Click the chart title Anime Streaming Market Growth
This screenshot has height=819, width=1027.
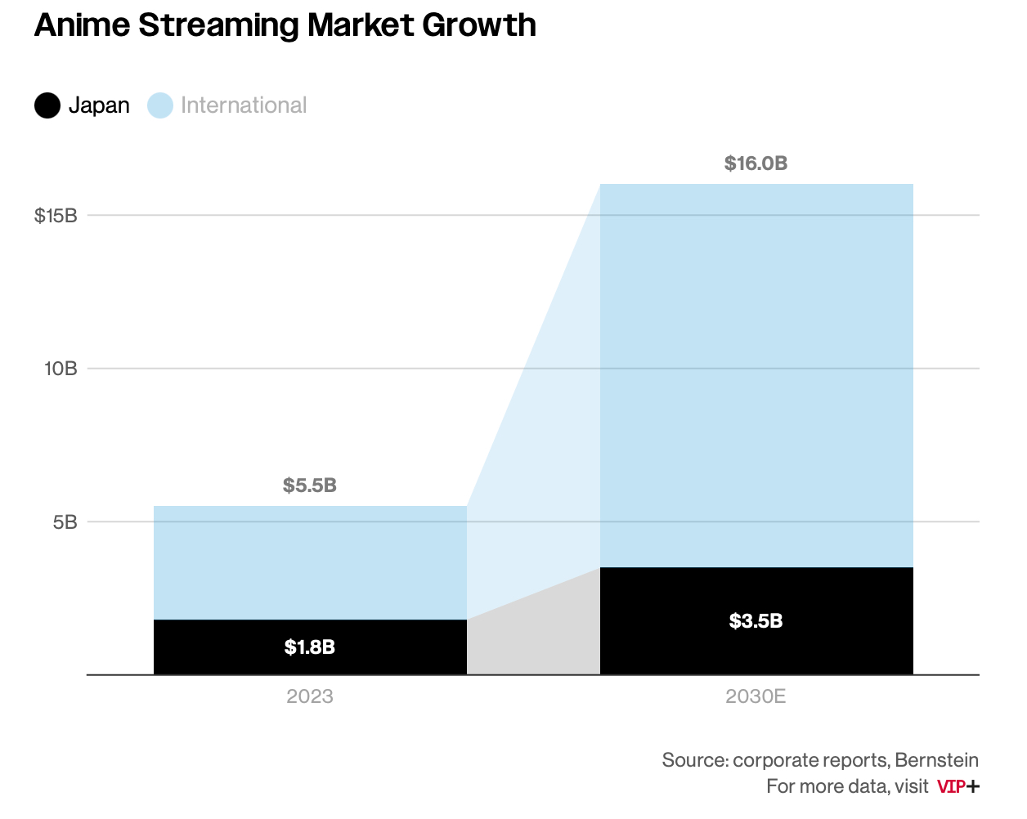(x=285, y=25)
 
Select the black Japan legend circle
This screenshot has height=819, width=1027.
(x=47, y=105)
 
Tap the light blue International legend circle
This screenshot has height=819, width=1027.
(x=160, y=105)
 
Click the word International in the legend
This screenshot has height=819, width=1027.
(x=244, y=105)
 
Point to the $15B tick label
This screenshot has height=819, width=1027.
(x=56, y=216)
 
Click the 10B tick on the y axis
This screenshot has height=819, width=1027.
(x=61, y=369)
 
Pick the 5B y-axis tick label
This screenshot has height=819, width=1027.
(x=65, y=521)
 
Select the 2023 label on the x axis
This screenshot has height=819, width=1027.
(x=310, y=696)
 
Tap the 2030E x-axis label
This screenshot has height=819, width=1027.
(x=756, y=696)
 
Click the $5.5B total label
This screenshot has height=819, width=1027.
(x=310, y=486)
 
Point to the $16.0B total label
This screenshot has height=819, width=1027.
(x=756, y=163)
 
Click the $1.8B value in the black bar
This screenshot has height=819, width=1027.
(x=310, y=647)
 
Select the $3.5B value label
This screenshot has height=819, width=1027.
(x=756, y=621)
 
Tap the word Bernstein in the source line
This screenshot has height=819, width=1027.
(x=936, y=760)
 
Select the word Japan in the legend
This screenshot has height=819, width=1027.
(x=99, y=105)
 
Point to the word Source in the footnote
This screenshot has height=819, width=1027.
(x=694, y=760)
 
